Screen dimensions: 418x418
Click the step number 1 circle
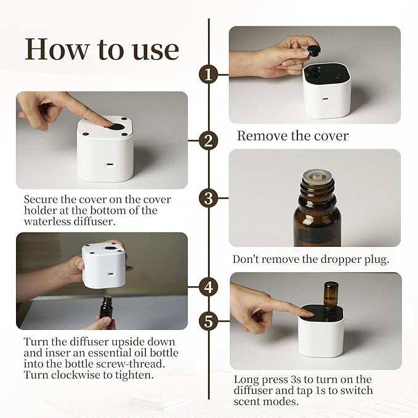(209, 74)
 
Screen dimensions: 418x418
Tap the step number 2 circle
(209, 140)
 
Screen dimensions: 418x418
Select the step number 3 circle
(209, 198)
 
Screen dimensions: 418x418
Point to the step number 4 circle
(209, 287)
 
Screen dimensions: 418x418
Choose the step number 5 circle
(209, 321)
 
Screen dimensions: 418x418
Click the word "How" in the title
(56, 50)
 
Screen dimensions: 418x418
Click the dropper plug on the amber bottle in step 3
(316, 176)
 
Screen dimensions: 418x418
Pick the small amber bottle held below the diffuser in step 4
(106, 307)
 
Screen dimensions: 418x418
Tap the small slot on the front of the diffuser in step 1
(326, 100)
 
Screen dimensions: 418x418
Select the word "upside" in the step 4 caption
(127, 342)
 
